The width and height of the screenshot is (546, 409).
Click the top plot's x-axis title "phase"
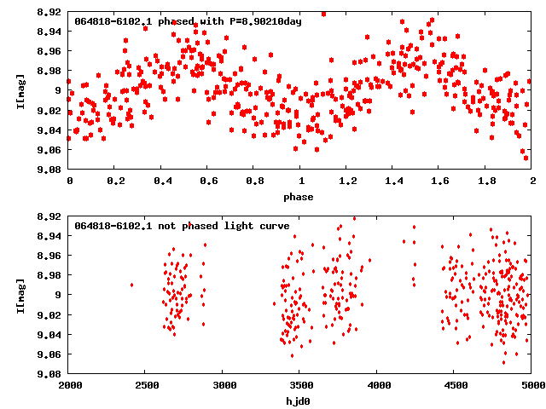[299, 197]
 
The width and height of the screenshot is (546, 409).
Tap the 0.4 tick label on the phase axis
[161, 181]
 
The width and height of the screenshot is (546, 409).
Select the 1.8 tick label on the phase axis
[485, 181]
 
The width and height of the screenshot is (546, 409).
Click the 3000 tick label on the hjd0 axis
[223, 385]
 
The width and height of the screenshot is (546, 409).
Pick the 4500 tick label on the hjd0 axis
[454, 385]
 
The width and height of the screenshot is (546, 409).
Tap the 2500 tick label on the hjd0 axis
[146, 385]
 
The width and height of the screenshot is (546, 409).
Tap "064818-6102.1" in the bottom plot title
[111, 226]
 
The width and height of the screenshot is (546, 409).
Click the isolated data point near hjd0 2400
[131, 285]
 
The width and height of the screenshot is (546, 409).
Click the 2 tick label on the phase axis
[531, 181]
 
